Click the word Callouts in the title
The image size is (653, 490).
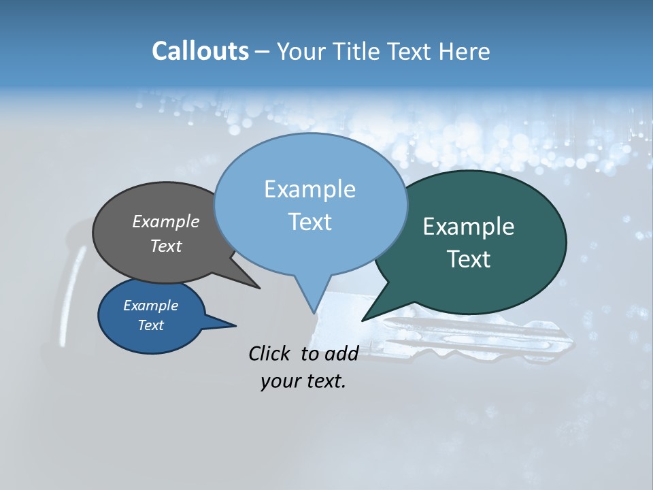tap(200, 51)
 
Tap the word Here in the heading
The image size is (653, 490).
tap(465, 51)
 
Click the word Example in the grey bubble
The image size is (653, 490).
tap(165, 221)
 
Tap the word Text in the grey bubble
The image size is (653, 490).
tap(165, 246)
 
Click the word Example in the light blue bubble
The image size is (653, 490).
tap(309, 189)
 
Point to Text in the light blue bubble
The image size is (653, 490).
tap(309, 222)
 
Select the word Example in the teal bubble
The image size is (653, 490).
tap(468, 227)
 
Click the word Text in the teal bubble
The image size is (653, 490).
tap(468, 259)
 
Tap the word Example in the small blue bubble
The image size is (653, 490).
tap(150, 306)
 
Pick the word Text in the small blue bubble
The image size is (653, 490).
tap(150, 325)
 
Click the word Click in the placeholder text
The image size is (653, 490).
tap(271, 353)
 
